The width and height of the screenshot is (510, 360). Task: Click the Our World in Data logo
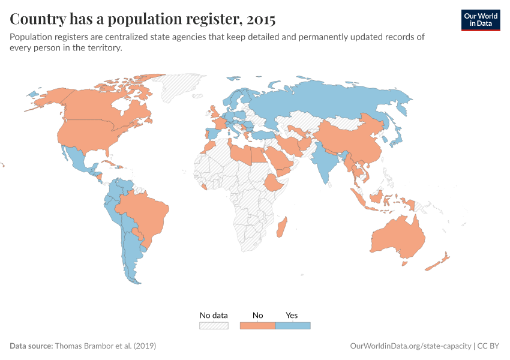click(x=480, y=19)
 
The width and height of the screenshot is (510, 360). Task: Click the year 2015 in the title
click(x=259, y=19)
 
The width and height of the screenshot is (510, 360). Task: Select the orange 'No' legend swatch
click(x=257, y=325)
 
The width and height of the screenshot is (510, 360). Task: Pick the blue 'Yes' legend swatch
click(x=293, y=325)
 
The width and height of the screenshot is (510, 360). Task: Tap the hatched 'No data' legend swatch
click(x=214, y=325)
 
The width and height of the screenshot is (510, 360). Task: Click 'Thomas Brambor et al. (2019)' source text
click(x=106, y=346)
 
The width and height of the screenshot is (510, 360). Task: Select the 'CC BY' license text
click(x=489, y=346)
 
